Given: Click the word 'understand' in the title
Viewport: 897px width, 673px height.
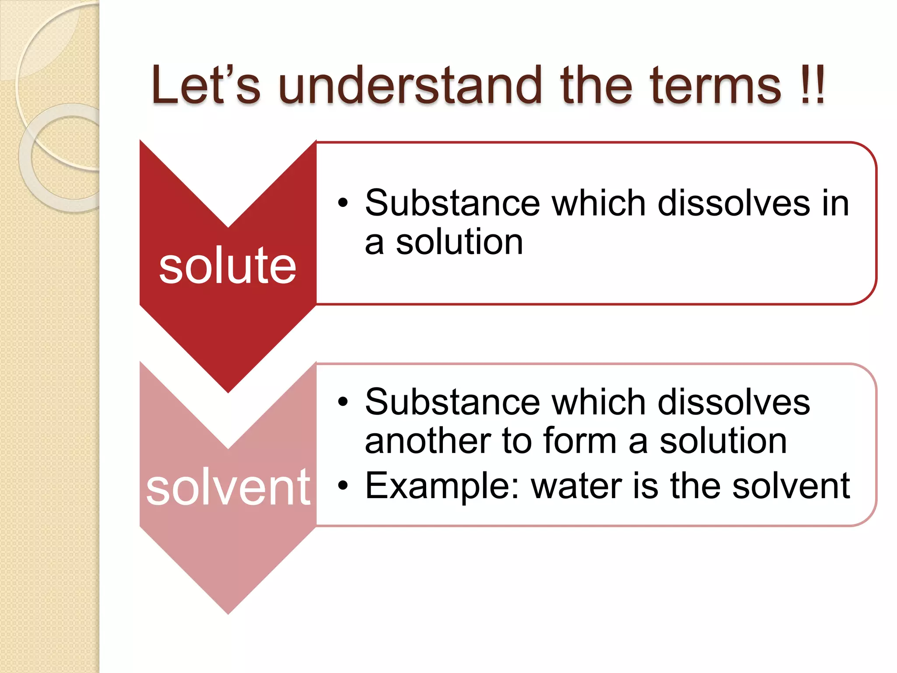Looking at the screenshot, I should [416, 85].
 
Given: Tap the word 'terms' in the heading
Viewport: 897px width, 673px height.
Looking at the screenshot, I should [715, 85].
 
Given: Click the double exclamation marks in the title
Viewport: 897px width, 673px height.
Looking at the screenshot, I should [813, 85].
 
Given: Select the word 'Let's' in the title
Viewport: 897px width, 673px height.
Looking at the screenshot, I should [206, 85].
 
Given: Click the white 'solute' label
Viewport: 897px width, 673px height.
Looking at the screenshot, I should [227, 266].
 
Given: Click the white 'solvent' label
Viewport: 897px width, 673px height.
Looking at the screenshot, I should [228, 487].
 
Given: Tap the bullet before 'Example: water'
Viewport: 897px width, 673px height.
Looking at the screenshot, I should [343, 485].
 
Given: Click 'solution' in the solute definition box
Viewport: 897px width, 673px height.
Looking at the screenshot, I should [459, 242].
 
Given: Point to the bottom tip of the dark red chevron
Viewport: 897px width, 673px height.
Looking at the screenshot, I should [228, 391].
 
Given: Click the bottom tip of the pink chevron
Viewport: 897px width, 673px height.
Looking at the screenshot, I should [228, 613].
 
